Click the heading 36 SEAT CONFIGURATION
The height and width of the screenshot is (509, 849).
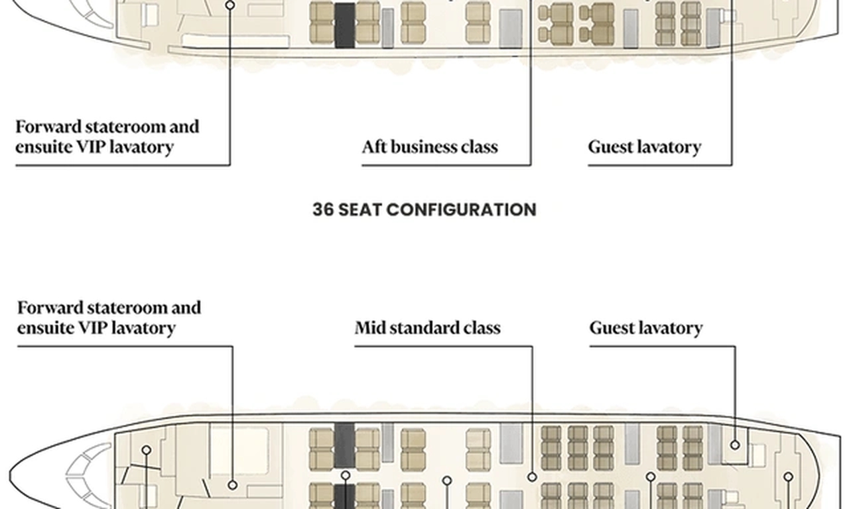(424, 209)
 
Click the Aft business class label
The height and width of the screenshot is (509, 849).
(430, 146)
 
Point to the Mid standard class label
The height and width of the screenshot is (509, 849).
(428, 328)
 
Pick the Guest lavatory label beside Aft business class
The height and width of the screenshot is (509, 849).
(645, 146)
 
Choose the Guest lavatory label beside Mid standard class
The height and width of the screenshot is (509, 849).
(646, 328)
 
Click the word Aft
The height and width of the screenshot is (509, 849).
(374, 146)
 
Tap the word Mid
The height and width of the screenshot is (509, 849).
(369, 328)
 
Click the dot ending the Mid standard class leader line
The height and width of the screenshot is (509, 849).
(532, 477)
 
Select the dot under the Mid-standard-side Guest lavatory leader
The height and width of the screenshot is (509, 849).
(735, 445)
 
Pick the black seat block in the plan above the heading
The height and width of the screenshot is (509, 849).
(344, 25)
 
